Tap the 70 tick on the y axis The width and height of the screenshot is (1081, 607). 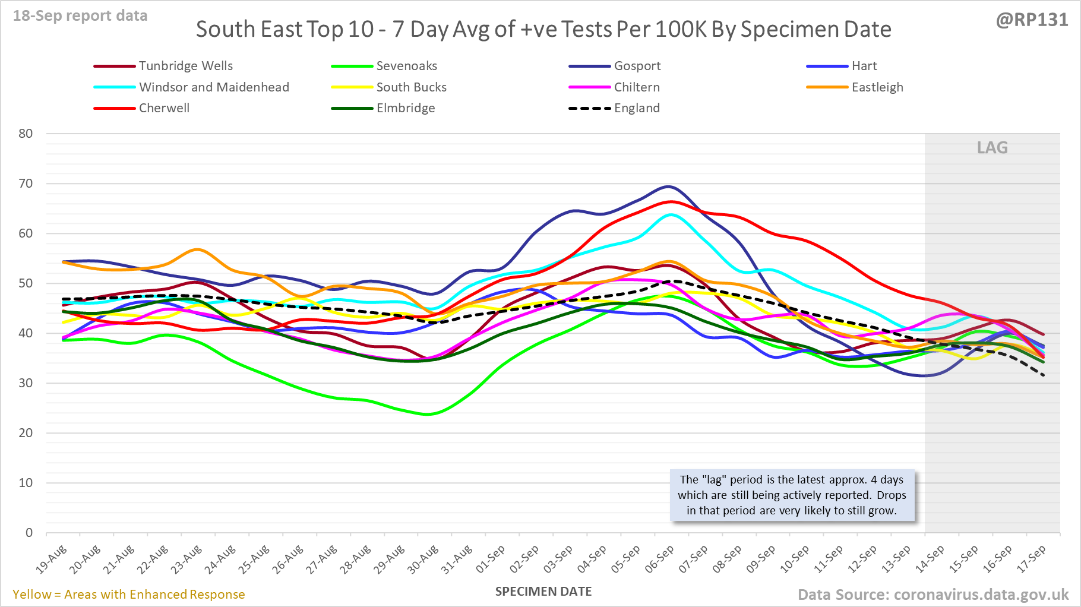[26, 184]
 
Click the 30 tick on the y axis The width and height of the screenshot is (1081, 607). [26, 383]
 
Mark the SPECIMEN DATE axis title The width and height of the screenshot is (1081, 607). [543, 592]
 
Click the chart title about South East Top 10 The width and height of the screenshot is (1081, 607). [543, 29]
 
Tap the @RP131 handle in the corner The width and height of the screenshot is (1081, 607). [1032, 20]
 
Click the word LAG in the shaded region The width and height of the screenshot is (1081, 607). [992, 147]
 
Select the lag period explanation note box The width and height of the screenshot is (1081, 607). [792, 495]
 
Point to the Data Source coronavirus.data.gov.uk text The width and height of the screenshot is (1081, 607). [933, 595]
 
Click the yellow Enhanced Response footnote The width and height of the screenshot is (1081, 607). [129, 595]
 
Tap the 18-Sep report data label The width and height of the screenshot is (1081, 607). [80, 16]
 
